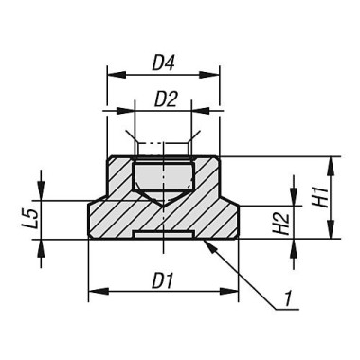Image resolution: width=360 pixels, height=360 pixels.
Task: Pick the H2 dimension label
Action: [x=279, y=225]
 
